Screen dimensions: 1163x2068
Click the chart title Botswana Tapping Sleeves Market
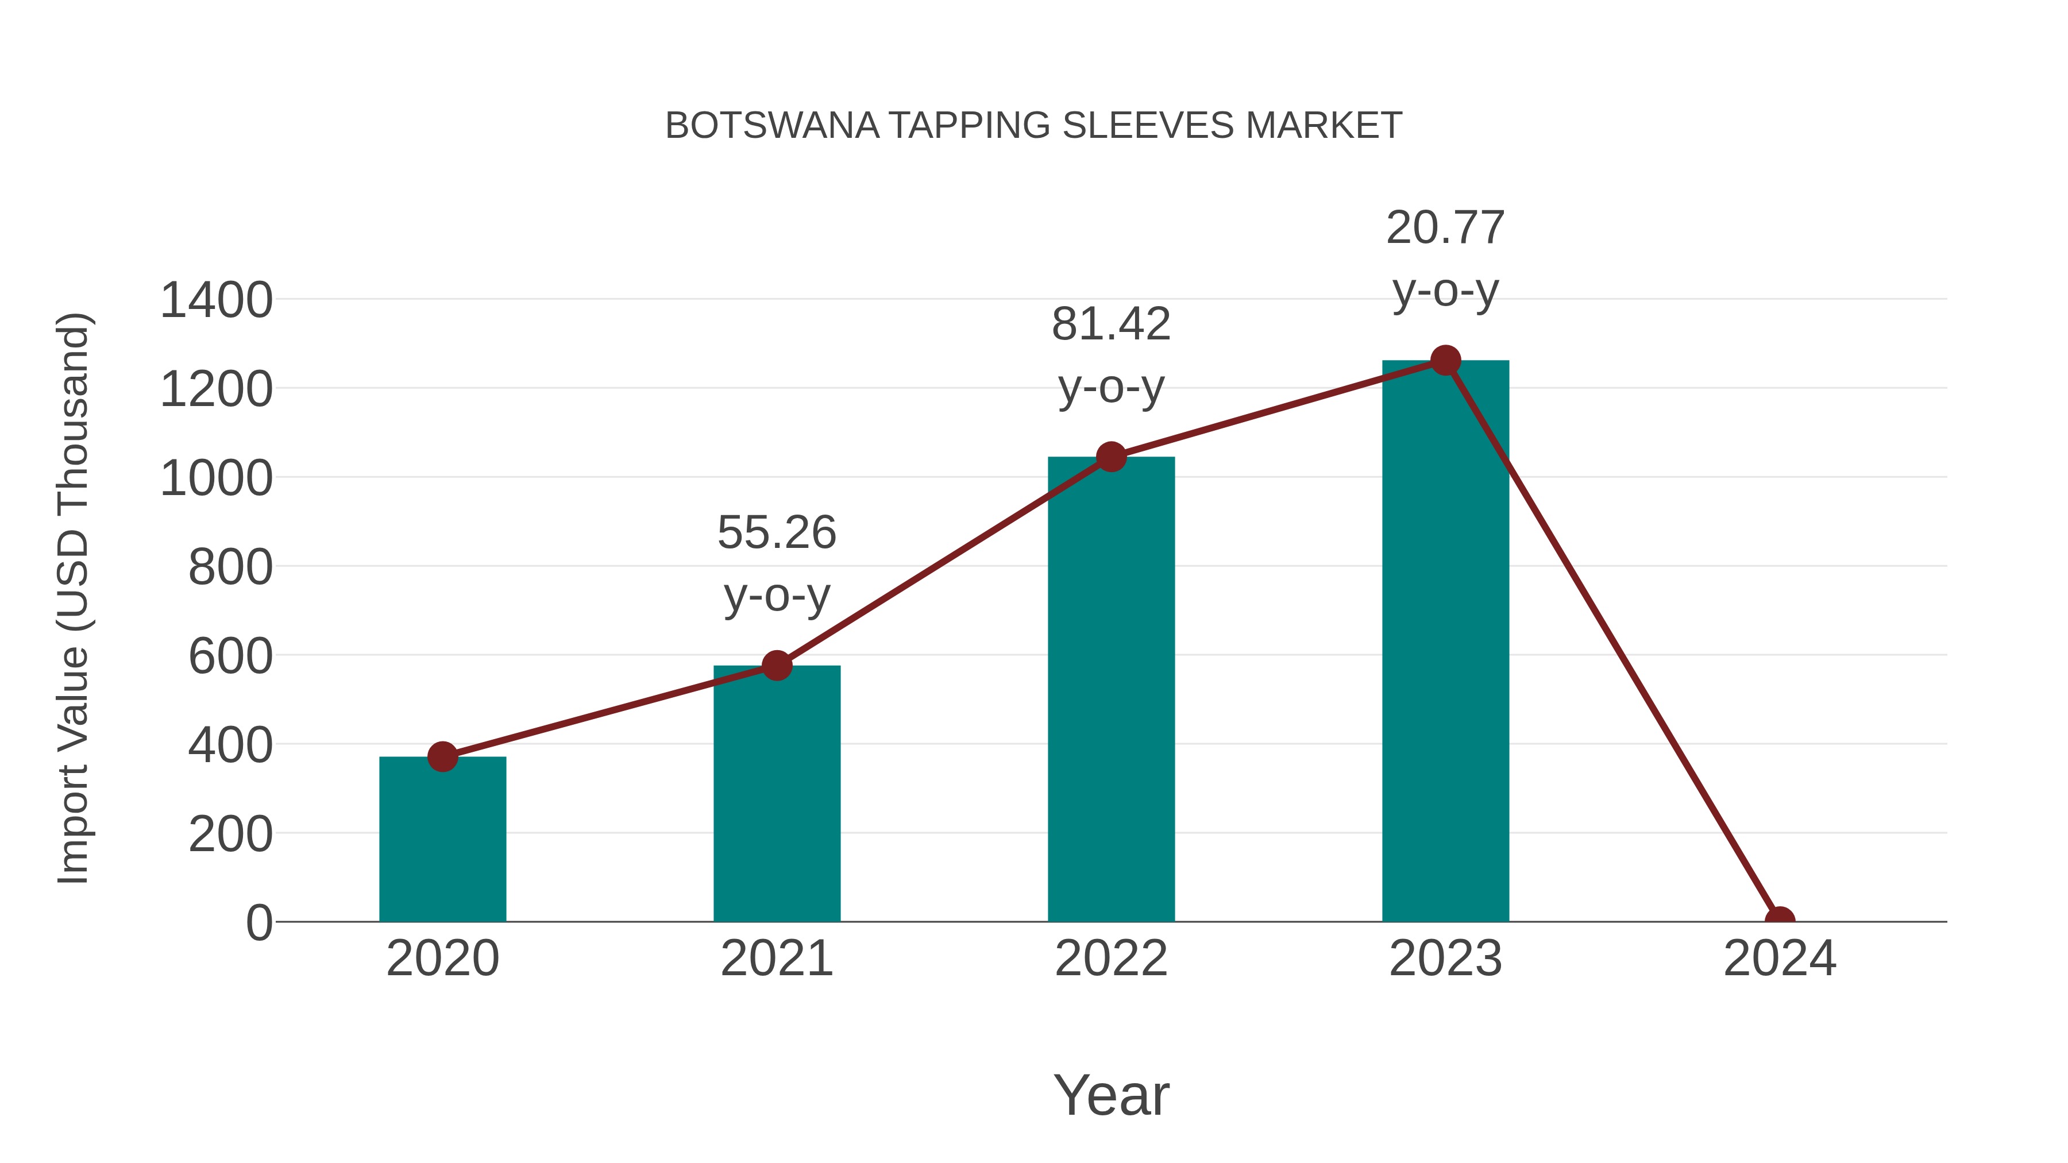click(x=1033, y=126)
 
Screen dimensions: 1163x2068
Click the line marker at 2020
click(x=442, y=756)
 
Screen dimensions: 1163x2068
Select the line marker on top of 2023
click(x=1445, y=360)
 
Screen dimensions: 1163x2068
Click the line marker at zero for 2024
click(x=1779, y=920)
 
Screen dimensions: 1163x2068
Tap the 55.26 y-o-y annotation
click(x=776, y=563)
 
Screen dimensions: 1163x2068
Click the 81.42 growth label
click(x=1110, y=356)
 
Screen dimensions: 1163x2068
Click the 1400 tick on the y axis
click(x=216, y=301)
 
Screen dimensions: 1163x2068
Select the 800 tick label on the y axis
click(x=230, y=567)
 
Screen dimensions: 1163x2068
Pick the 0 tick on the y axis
click(x=258, y=922)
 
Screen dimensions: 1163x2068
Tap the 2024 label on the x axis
click(x=1779, y=959)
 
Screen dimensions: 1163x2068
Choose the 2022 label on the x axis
click(x=1110, y=959)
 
